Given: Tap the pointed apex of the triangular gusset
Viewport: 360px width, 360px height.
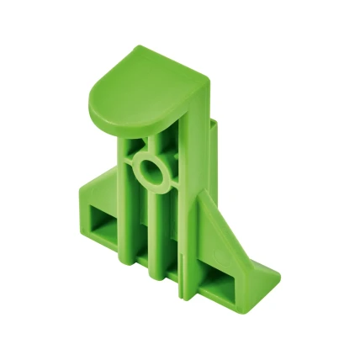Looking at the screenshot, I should pyautogui.click(x=202, y=192).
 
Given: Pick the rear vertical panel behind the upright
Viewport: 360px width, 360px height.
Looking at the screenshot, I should pyautogui.click(x=214, y=160).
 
